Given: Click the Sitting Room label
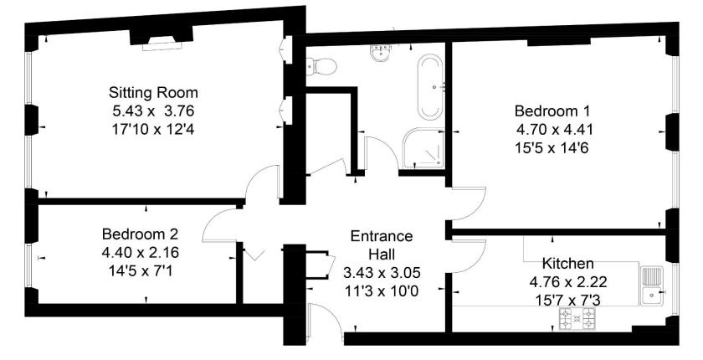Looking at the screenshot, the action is [x=153, y=93].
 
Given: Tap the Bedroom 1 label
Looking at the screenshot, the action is [x=552, y=111].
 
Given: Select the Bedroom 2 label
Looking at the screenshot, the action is [x=140, y=234].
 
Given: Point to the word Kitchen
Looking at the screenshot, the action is [x=568, y=263].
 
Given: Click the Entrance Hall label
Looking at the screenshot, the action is [x=382, y=244].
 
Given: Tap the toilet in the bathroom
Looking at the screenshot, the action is [x=321, y=67].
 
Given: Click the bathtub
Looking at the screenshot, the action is [x=431, y=87].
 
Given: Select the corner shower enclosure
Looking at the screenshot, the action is [x=423, y=148].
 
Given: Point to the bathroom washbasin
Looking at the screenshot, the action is [x=381, y=53].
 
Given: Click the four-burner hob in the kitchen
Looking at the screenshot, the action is [x=577, y=318].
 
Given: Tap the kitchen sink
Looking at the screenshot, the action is [x=652, y=285].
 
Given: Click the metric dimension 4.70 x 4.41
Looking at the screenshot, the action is [x=555, y=130].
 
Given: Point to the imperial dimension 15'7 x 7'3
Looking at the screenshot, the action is [x=568, y=301].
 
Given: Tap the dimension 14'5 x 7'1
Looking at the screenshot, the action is [x=140, y=271].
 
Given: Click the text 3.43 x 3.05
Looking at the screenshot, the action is [x=382, y=273].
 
